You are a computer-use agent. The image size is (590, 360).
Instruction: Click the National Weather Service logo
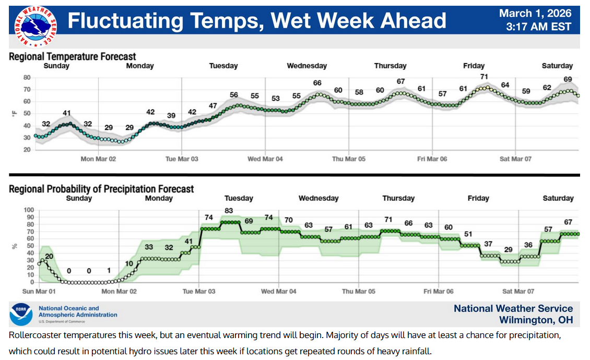click(35, 26)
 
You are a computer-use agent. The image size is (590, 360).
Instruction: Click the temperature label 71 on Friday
click(484, 77)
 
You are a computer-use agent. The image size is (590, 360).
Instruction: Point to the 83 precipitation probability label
click(229, 211)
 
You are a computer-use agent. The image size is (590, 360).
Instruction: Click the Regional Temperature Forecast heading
click(72, 56)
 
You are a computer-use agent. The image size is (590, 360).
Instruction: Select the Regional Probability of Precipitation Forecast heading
click(101, 189)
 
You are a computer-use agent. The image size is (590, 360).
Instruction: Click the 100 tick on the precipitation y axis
click(29, 210)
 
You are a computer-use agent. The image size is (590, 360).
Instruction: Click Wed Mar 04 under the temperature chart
click(265, 159)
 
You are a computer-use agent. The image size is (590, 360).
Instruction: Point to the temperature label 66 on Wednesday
click(317, 83)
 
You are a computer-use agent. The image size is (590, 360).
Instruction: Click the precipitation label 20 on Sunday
click(49, 256)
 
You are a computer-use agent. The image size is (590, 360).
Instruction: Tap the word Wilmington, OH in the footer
click(536, 320)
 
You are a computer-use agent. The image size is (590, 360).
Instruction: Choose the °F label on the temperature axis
click(14, 113)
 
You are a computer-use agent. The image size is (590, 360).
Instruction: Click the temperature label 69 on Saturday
click(568, 79)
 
